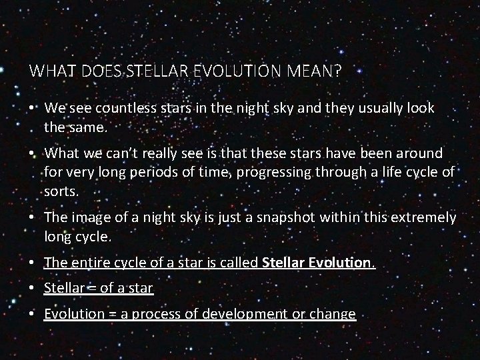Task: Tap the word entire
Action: (85, 263)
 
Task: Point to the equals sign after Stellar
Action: (88, 289)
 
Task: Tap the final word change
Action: (333, 314)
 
